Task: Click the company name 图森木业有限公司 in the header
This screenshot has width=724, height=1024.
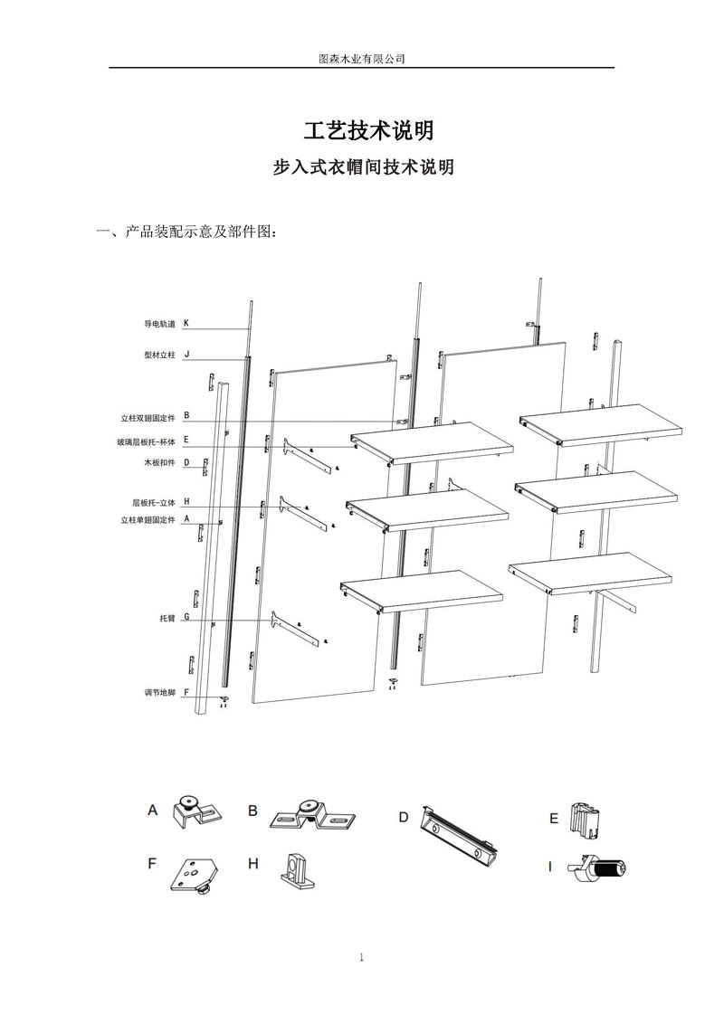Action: pos(362,58)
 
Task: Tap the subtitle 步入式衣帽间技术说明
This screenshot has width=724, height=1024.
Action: pos(363,168)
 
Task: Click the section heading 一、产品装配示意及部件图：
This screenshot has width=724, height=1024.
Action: pos(186,232)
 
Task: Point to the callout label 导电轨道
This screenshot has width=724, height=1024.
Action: pos(159,323)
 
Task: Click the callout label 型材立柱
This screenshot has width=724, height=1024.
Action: pos(159,356)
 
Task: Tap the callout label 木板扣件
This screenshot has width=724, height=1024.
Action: pos(158,463)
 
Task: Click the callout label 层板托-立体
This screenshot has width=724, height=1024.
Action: pos(150,502)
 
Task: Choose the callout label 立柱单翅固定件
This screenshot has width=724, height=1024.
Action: pos(148,520)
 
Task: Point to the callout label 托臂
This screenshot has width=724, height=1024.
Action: pos(167,618)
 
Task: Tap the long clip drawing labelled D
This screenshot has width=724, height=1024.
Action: pos(460,836)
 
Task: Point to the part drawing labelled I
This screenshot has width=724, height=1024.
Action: pos(597,870)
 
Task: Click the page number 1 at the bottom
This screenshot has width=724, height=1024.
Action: pos(361,958)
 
